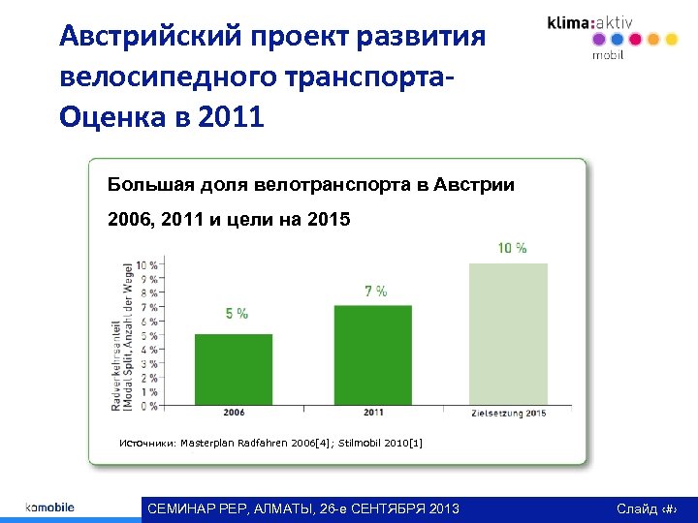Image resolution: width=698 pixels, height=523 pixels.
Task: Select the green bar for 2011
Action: tap(373, 354)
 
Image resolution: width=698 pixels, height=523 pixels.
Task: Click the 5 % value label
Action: tap(237, 313)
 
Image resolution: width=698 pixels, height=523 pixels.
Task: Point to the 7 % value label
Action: tap(376, 291)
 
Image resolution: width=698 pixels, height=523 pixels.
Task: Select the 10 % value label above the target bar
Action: tap(512, 248)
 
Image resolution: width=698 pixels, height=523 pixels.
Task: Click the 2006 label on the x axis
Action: tap(234, 413)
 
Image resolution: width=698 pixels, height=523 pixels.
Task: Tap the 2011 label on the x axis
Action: tap(373, 413)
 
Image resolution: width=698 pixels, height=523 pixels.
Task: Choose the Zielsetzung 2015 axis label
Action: tap(508, 414)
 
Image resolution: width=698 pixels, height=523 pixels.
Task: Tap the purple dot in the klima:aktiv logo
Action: tap(598, 40)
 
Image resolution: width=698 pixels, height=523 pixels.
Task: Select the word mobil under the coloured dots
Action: tap(608, 55)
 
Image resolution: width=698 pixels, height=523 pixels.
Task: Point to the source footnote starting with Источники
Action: tap(270, 443)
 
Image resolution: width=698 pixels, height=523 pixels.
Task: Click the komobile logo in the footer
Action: tap(49, 508)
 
